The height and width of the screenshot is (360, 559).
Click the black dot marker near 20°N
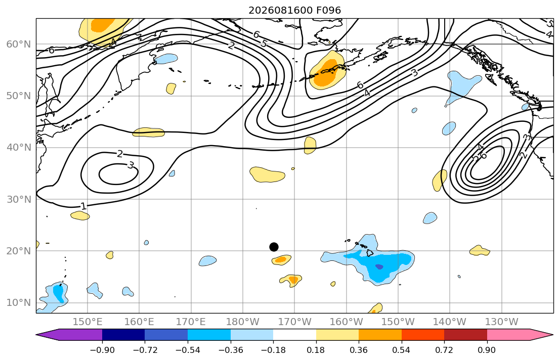[x=274, y=247]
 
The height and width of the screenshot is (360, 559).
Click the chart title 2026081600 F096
[x=294, y=10]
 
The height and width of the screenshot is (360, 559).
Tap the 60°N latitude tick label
[x=19, y=44]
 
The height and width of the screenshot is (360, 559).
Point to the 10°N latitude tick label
[x=19, y=303]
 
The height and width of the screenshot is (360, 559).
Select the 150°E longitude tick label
[x=88, y=322]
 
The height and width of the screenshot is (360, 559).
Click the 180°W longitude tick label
[x=243, y=322]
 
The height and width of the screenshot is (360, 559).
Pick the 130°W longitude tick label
[x=502, y=322]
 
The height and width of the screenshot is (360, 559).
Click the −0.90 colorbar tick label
[x=102, y=350]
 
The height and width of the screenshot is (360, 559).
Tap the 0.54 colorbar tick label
[x=402, y=350]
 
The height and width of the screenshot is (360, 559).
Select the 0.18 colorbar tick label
[x=316, y=350]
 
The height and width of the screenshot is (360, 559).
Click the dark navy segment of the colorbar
[x=123, y=335]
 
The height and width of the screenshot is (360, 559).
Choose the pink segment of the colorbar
[x=508, y=335]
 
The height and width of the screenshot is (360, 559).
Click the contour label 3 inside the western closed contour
[x=131, y=165]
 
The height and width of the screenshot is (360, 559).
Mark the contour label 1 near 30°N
[x=83, y=206]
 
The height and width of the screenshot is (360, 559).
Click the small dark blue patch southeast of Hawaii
[x=379, y=266]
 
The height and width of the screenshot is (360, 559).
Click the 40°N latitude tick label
[x=19, y=148]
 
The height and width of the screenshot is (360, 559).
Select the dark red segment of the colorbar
[x=465, y=335]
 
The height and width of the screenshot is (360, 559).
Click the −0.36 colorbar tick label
[x=230, y=350]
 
